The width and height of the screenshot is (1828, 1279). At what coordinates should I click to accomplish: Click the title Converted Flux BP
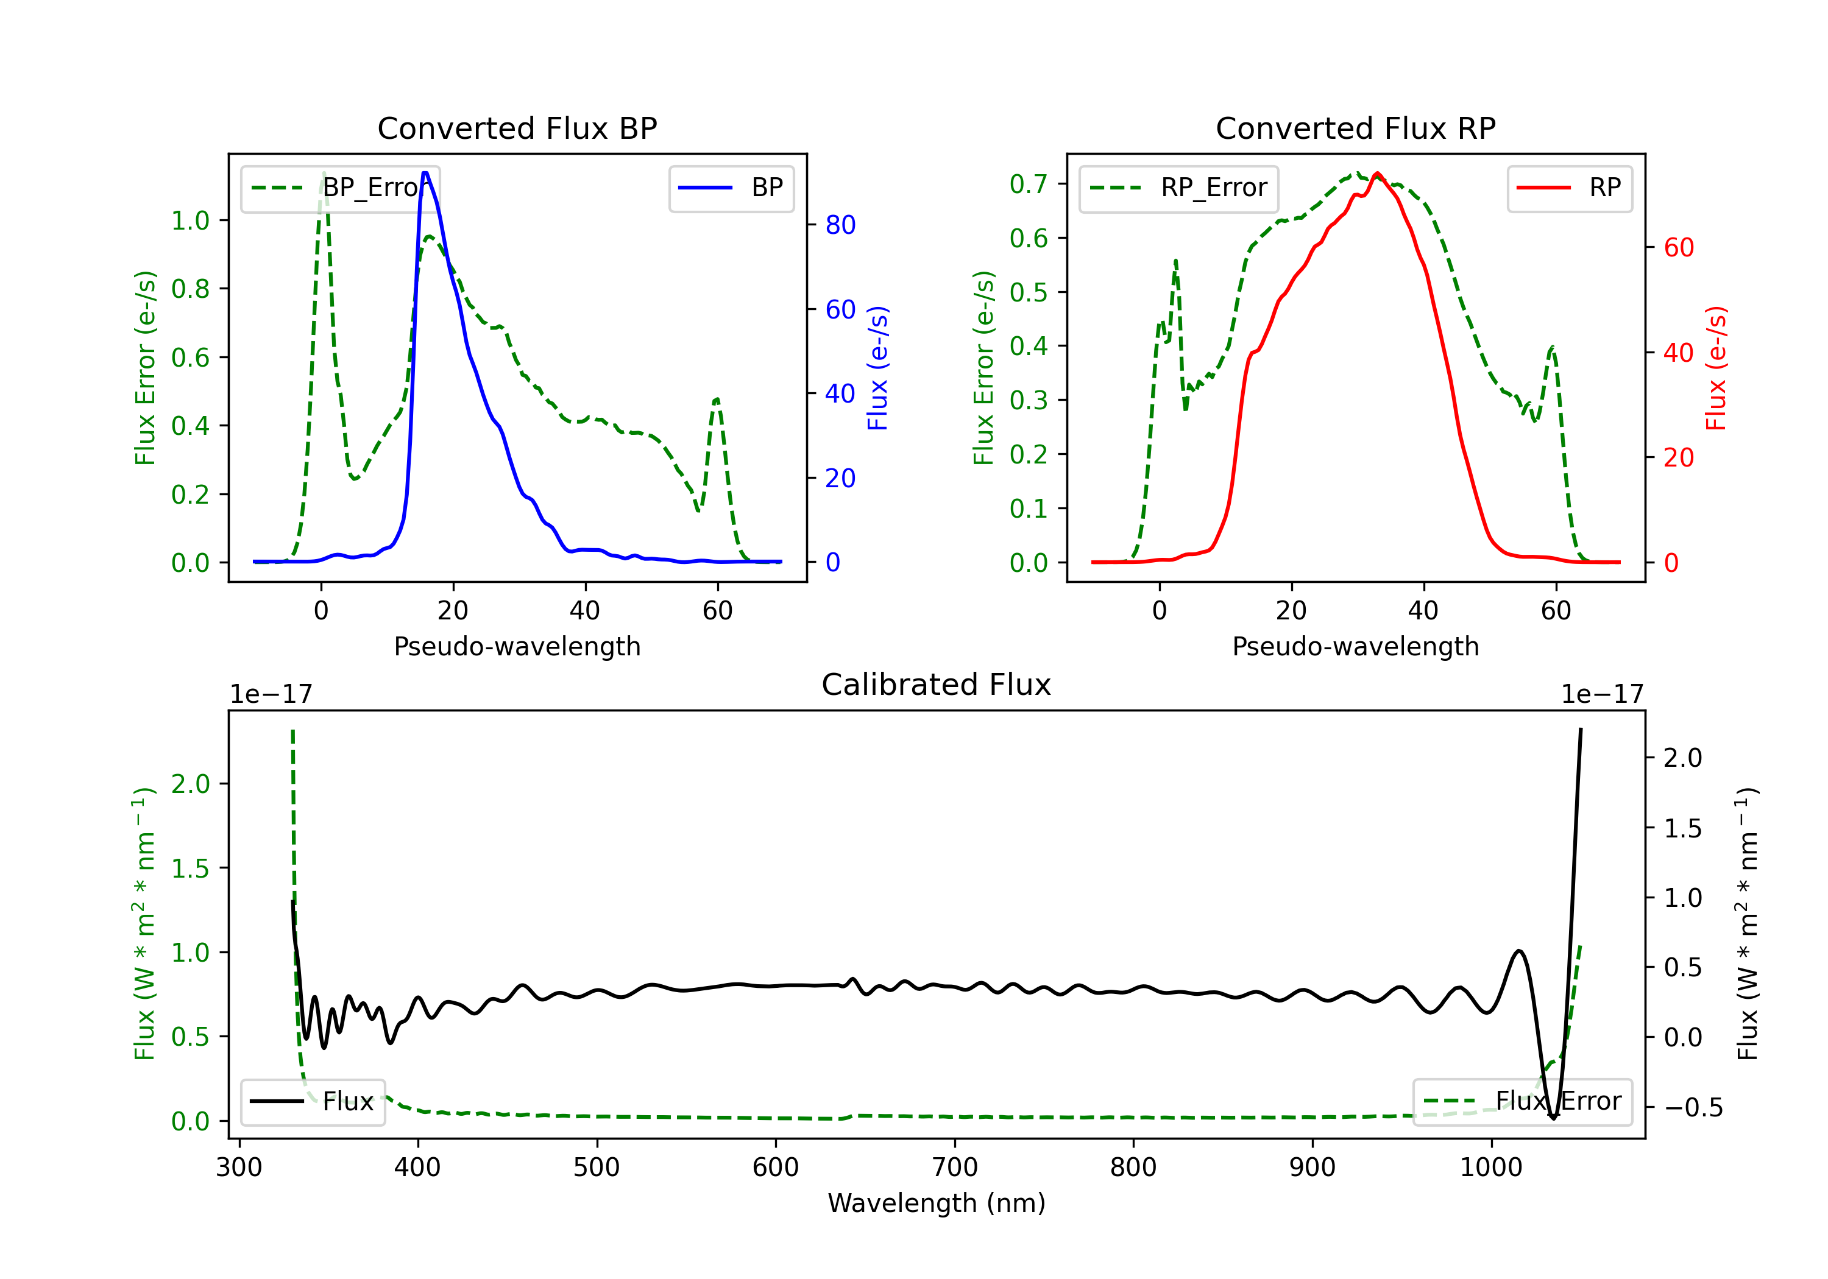(x=517, y=128)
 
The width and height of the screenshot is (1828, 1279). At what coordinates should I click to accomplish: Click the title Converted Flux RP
(x=1355, y=128)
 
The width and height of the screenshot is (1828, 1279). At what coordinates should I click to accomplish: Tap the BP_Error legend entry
(x=341, y=188)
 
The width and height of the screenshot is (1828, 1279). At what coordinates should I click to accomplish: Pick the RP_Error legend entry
(x=1178, y=188)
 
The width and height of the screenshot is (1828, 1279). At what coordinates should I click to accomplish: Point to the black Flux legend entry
(x=313, y=1102)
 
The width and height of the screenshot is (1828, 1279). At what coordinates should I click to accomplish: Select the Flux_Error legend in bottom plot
(x=1522, y=1102)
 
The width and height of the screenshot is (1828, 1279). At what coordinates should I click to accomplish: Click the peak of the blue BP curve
(x=425, y=173)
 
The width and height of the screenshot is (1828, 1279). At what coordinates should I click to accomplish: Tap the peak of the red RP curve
(x=1377, y=174)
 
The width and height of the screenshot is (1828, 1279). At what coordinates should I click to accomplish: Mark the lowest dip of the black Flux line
(x=1553, y=1118)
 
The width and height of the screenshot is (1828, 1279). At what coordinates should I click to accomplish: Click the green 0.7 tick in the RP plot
(x=1028, y=185)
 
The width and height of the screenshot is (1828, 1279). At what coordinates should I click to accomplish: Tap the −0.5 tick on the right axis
(x=1693, y=1108)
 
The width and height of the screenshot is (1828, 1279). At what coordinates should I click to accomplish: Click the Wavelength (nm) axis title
(x=937, y=1203)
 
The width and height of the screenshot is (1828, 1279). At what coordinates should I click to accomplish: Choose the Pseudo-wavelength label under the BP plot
(x=517, y=646)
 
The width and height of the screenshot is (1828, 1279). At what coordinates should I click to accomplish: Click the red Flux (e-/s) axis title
(x=1716, y=368)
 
